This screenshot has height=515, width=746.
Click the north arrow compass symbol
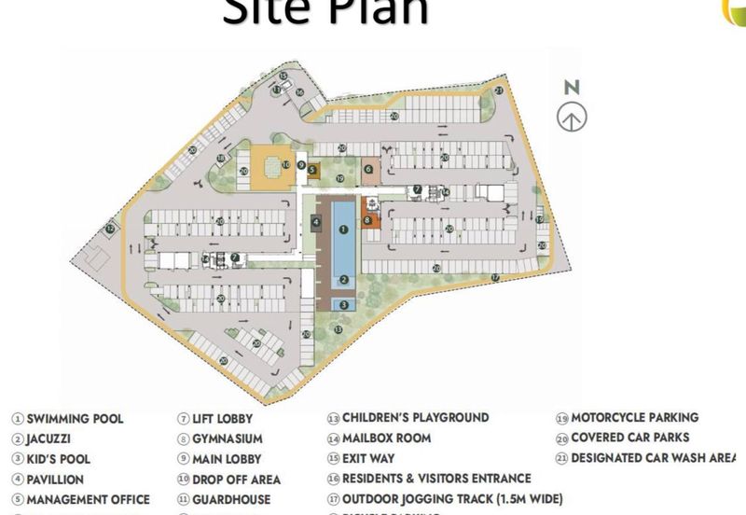point(572,118)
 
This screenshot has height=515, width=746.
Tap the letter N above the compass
point(572,88)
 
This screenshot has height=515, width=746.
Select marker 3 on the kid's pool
point(343,304)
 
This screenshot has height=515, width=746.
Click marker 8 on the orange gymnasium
point(367,220)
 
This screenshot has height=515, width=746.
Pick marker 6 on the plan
point(368,170)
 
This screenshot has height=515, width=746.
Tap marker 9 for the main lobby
point(301,165)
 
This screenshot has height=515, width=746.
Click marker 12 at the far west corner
point(110,229)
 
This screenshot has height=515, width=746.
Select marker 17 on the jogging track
point(495,277)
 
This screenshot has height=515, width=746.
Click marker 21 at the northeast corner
point(499,90)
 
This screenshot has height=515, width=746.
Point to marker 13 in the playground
point(338,328)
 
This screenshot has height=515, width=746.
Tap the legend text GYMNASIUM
point(227,438)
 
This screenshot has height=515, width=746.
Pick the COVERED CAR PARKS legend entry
point(629,438)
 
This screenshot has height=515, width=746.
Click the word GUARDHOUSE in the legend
point(231,500)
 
